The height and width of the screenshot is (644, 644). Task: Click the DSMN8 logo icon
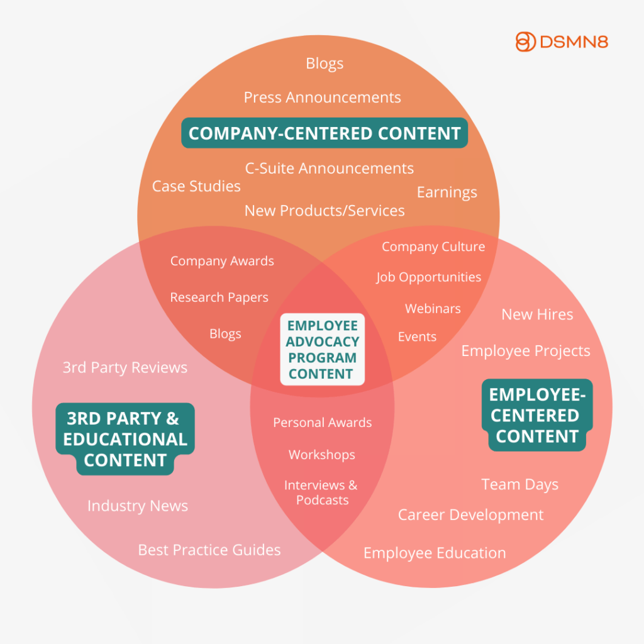click(x=525, y=42)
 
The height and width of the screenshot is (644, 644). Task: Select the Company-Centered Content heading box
click(x=325, y=133)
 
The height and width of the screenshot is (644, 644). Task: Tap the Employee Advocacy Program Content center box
click(x=322, y=350)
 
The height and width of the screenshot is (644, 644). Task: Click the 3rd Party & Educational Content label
click(x=125, y=439)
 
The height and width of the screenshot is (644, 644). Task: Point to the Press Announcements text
click(x=322, y=97)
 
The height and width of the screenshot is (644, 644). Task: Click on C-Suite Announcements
click(x=329, y=169)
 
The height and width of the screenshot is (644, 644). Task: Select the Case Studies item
click(x=196, y=186)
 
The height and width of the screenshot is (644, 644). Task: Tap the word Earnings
click(x=447, y=192)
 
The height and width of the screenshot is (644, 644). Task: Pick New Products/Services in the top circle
click(x=325, y=211)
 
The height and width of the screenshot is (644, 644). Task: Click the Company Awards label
click(x=222, y=261)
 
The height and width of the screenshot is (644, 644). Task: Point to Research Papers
click(x=219, y=297)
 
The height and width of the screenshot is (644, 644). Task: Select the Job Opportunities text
click(x=429, y=277)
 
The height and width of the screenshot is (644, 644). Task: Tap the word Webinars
click(x=433, y=309)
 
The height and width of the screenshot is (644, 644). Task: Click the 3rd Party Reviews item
click(x=125, y=367)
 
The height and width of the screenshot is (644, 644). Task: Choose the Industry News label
click(x=138, y=506)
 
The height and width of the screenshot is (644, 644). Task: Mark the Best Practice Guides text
click(x=209, y=550)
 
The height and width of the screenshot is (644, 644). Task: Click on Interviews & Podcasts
click(x=321, y=492)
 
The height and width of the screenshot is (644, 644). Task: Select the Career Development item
click(x=470, y=515)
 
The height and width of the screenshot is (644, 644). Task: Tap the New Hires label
click(x=537, y=314)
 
